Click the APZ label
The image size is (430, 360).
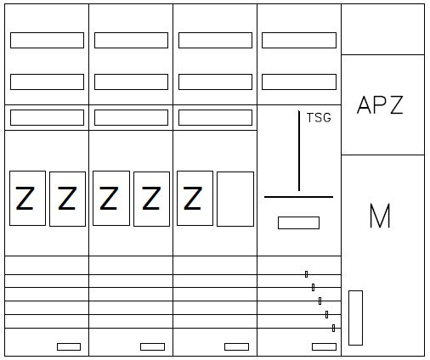380,104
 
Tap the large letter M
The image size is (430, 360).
380,216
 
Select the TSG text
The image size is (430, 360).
319,118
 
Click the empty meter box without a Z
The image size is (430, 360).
235,199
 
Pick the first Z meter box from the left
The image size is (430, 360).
27,198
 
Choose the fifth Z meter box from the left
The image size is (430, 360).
195,198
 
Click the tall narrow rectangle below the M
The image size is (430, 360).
355,318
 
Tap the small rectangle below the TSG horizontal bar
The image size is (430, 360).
298,222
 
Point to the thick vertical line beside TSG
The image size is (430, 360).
299,150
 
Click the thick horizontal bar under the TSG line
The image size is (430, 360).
298,197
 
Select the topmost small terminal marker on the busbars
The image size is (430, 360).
306,274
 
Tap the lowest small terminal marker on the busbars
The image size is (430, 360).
333,328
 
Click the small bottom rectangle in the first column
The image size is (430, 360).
69,346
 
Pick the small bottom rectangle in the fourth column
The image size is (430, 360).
324,346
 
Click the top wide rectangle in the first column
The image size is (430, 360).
47,40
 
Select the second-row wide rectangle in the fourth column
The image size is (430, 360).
299,82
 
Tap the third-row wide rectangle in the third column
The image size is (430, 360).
215,117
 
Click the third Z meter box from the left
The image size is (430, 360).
111,198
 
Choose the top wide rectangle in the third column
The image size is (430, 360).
215,40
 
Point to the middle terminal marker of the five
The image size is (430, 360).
320,301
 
